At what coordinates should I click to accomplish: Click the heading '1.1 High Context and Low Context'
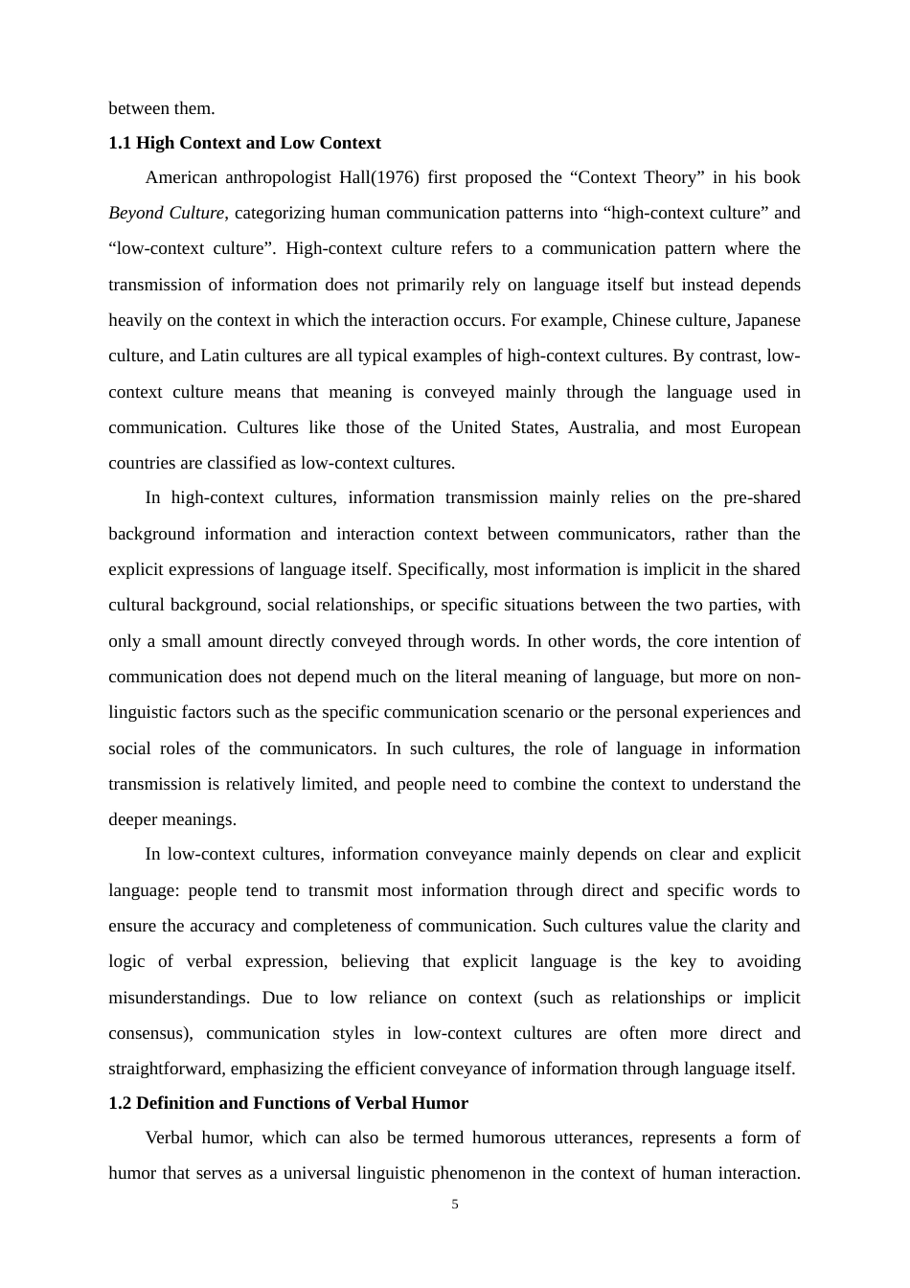[x=244, y=143]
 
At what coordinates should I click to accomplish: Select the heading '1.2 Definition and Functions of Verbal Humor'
[x=288, y=1103]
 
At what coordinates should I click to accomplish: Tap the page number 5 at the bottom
[x=455, y=1205]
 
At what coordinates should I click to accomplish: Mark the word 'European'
[x=765, y=427]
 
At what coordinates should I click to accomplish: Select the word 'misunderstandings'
[x=178, y=998]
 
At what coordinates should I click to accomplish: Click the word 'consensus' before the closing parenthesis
[x=144, y=1033]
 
